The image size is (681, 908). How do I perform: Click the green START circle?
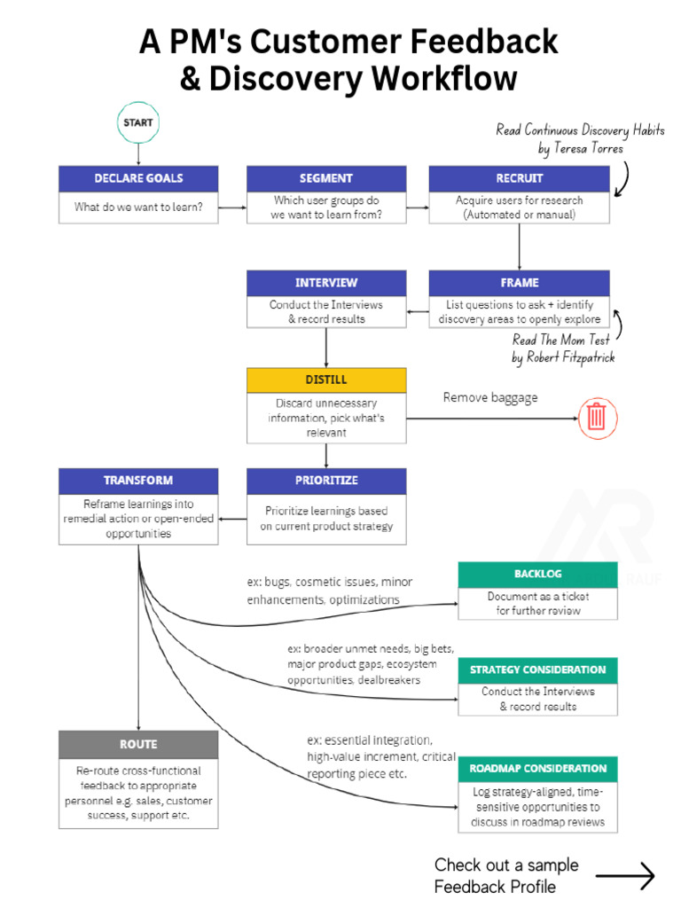[x=137, y=124]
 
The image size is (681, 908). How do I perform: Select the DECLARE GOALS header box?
[x=138, y=178]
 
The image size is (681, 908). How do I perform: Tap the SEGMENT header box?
[x=325, y=178]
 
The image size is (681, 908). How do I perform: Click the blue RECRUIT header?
[x=519, y=178]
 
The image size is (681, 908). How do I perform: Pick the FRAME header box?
[x=519, y=283]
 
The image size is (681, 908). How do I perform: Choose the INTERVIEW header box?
[x=325, y=283]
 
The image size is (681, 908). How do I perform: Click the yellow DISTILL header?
[x=325, y=380]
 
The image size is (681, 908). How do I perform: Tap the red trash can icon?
[x=597, y=416]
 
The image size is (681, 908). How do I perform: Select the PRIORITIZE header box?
[x=325, y=481]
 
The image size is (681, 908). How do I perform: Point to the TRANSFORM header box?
[x=138, y=481]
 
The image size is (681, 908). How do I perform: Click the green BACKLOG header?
[x=537, y=574]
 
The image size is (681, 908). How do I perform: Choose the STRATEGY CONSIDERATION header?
[x=537, y=669]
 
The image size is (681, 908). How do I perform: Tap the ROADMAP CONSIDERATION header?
[x=537, y=769]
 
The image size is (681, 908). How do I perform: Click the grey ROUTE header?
[x=138, y=744]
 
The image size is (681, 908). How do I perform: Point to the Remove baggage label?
[x=490, y=398]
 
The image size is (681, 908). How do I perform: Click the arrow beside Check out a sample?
[x=625, y=876]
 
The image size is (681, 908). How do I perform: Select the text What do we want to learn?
[x=138, y=207]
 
